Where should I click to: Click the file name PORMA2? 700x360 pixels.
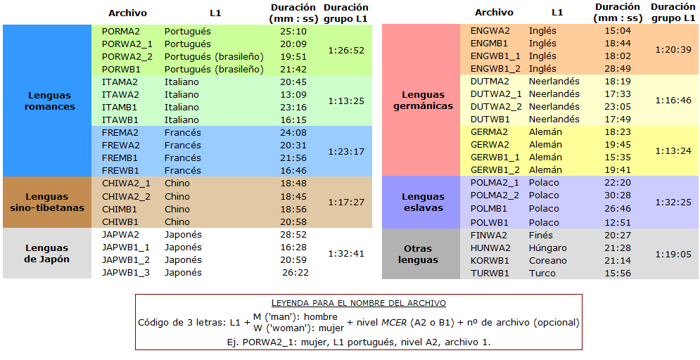[121, 32]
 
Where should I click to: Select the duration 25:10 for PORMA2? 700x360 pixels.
[293, 32]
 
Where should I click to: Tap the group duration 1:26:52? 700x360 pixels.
[346, 51]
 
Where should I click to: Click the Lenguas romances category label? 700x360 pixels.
[50, 101]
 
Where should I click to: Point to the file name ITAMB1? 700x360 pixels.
[120, 108]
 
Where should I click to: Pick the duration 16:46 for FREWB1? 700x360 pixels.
[293, 171]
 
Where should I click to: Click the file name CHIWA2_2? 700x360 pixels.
[126, 196]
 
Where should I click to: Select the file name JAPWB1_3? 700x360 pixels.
[126, 273]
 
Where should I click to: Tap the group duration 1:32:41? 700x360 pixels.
[346, 254]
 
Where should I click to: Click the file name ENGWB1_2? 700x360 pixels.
[495, 69]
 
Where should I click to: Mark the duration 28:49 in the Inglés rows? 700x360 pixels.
[618, 69]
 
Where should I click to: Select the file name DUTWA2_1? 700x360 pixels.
[496, 94]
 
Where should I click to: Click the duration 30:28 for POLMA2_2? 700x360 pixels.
[618, 195]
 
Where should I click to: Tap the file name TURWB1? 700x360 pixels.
[490, 274]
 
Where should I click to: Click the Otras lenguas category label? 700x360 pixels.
[417, 254]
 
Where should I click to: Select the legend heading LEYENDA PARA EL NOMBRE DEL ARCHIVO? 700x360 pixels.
[359, 303]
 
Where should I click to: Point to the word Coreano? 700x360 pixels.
[547, 261]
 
